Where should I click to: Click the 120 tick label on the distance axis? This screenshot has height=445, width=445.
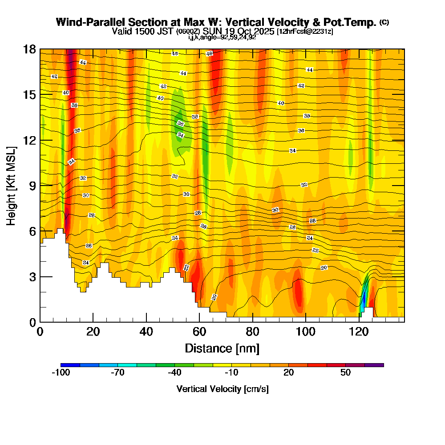coord(359,332)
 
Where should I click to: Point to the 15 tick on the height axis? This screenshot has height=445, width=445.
coord(29,95)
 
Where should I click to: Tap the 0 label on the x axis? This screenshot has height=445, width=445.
coord(40,332)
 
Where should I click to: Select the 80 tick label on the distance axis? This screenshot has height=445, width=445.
coord(253,332)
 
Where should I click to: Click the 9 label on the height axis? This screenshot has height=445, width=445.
coord(32,186)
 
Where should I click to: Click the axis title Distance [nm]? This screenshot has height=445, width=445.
coord(222,348)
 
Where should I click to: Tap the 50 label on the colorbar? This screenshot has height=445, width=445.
coord(346,373)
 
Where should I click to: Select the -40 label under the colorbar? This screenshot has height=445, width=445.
coord(174,373)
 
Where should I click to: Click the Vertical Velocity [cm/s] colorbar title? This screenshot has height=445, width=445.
coord(222,389)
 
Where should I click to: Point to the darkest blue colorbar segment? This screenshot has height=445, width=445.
coord(70,365)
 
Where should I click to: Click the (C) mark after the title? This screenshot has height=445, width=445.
coord(384,22)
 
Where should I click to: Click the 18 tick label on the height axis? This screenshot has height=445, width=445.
coord(29,49)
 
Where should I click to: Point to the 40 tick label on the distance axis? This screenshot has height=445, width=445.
coord(146,332)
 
